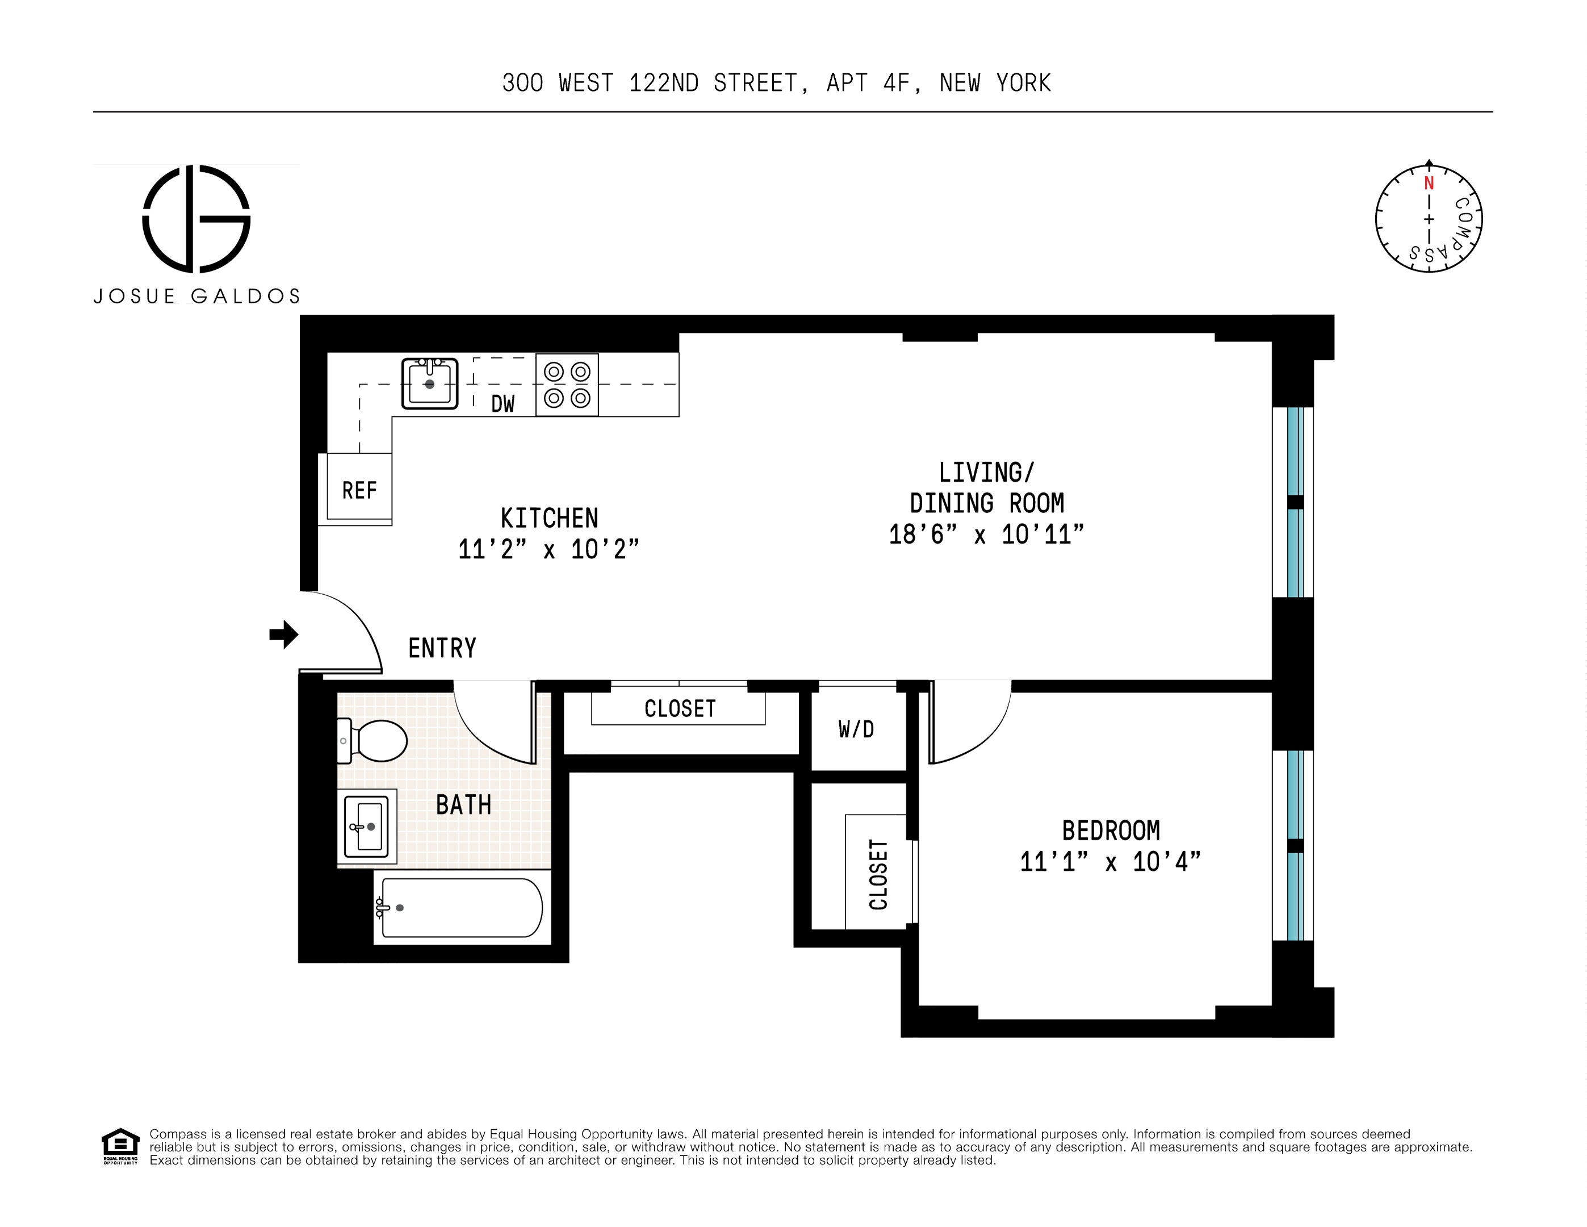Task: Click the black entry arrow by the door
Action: pyautogui.click(x=284, y=635)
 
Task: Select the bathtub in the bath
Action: pyautogui.click(x=462, y=908)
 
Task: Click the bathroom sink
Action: pyautogui.click(x=367, y=827)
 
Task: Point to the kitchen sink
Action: pyautogui.click(x=429, y=383)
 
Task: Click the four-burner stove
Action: pyautogui.click(x=567, y=385)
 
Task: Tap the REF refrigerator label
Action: pyautogui.click(x=359, y=491)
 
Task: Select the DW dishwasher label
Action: pyautogui.click(x=502, y=404)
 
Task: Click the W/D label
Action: pyautogui.click(x=856, y=729)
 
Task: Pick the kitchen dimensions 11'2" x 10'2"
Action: pyautogui.click(x=548, y=549)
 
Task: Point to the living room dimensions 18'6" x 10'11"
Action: pyautogui.click(x=986, y=535)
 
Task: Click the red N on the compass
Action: pyautogui.click(x=1429, y=183)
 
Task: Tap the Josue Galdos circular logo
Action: pyautogui.click(x=196, y=219)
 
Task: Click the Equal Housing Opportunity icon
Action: pyautogui.click(x=120, y=1146)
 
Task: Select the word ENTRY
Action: pyautogui.click(x=442, y=648)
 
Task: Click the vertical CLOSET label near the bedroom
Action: pyautogui.click(x=878, y=874)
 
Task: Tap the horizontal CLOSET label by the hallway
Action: pyautogui.click(x=680, y=709)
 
